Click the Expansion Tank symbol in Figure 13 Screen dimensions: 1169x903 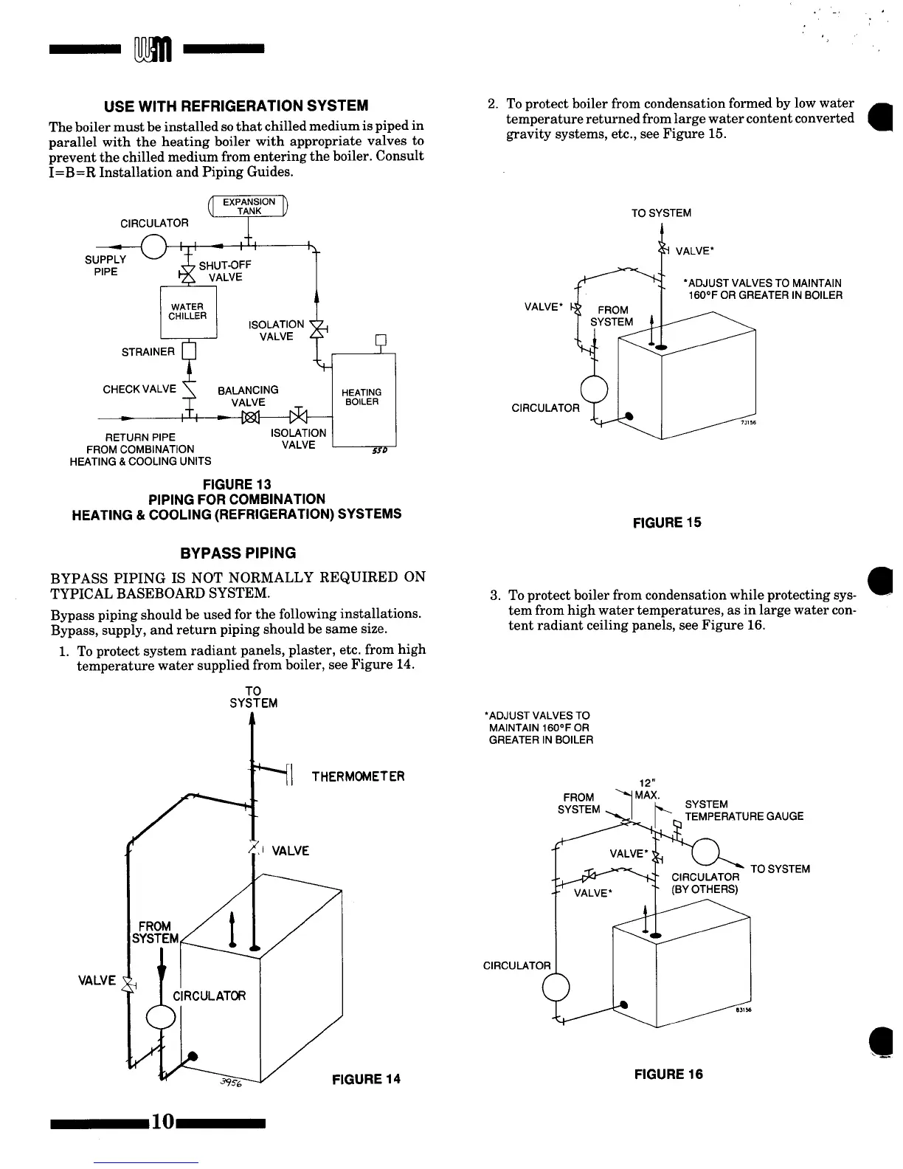(x=249, y=207)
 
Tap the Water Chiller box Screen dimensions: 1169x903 (x=188, y=311)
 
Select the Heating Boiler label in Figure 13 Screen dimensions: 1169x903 (x=361, y=397)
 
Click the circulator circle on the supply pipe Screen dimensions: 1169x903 (x=154, y=245)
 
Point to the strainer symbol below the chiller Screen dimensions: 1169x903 (x=188, y=351)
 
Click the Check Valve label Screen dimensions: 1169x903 (x=139, y=389)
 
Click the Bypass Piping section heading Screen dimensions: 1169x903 (x=238, y=553)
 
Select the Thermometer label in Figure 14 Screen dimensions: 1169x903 (x=358, y=776)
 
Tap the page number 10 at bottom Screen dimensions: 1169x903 (x=163, y=1123)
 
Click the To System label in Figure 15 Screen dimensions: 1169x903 (x=661, y=213)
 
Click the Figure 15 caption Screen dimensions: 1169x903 (x=667, y=523)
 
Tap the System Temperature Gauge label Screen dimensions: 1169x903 (x=744, y=810)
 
